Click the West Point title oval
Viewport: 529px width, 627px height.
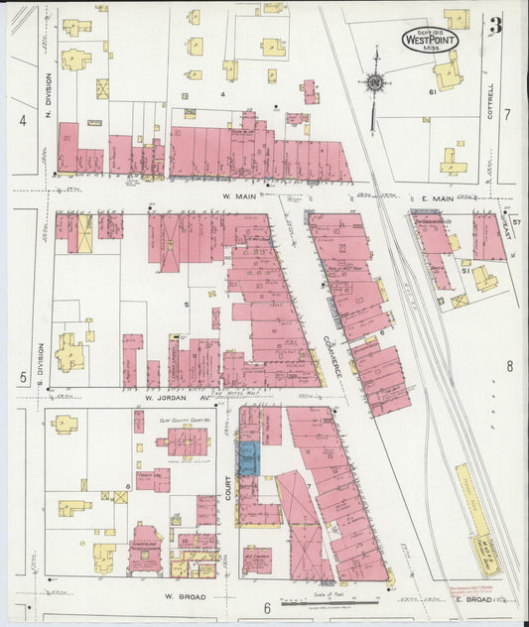click(x=430, y=40)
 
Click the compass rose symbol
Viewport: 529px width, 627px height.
click(x=375, y=83)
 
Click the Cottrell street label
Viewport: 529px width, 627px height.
click(x=489, y=100)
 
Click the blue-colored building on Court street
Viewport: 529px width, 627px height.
click(x=248, y=457)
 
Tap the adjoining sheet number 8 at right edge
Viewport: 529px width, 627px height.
click(x=509, y=366)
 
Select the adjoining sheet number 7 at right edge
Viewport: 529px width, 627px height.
click(x=506, y=114)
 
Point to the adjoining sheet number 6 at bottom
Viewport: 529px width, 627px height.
click(x=266, y=607)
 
